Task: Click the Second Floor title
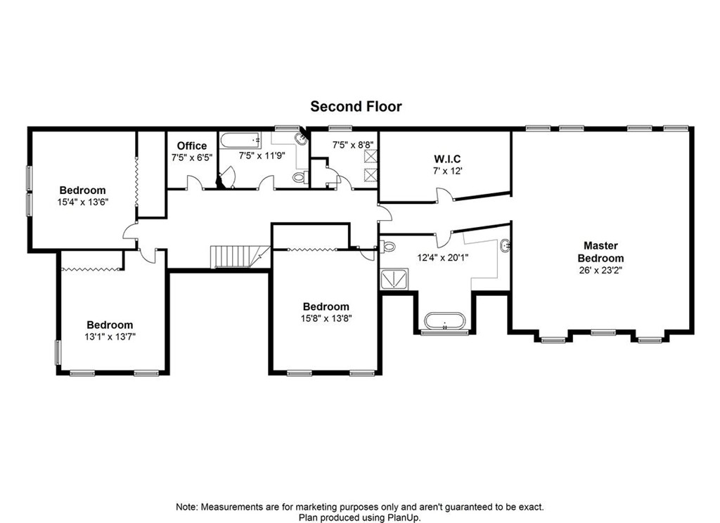click(356, 106)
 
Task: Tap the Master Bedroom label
click(600, 252)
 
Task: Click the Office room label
click(191, 146)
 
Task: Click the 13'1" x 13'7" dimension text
click(110, 336)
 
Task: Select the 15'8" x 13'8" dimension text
click(326, 318)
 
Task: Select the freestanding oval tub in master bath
click(444, 321)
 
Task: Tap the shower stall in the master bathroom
click(396, 280)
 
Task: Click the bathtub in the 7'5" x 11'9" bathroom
click(240, 141)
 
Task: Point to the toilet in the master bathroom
click(388, 247)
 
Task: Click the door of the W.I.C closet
click(443, 195)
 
